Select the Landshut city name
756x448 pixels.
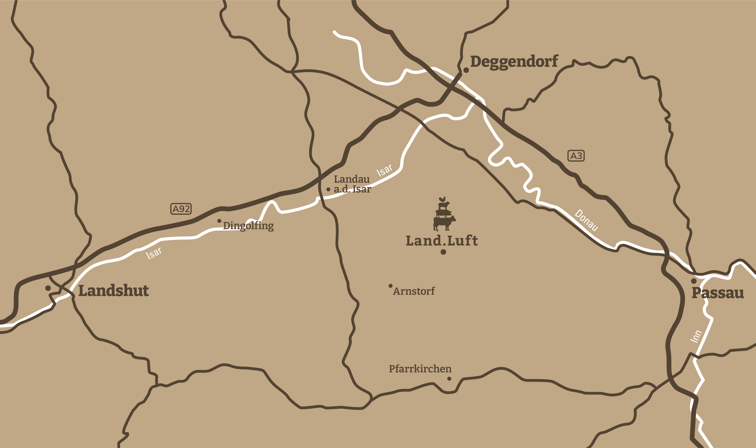[x=114, y=291]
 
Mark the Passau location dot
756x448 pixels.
[x=694, y=281]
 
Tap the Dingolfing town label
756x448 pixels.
[x=248, y=226]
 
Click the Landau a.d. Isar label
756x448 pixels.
[x=352, y=184]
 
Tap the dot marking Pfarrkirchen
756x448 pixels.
[x=449, y=379]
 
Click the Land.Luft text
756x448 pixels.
[x=442, y=241]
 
